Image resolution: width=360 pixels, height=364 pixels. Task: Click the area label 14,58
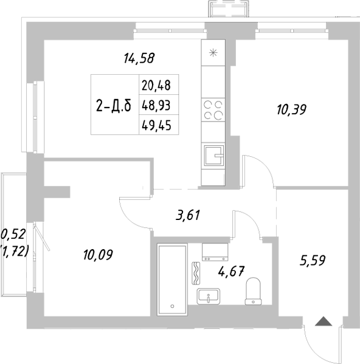point(139,59)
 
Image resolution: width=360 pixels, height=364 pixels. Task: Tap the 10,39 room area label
point(291,110)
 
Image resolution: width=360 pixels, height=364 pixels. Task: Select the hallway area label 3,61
point(187,215)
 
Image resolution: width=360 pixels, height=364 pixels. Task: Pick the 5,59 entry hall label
point(313,261)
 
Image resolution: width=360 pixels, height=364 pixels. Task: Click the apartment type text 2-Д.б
point(114,106)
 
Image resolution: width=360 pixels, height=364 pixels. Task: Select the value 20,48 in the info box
point(156,85)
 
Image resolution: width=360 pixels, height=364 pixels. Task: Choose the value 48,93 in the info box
point(156,105)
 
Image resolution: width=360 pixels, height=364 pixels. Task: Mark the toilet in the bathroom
point(252,292)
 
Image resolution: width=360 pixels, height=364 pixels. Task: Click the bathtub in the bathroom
point(174,279)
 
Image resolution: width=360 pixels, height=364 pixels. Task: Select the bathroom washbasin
point(212,297)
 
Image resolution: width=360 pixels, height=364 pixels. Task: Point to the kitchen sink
point(213,156)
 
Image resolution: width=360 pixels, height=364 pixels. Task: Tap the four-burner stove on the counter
point(213,109)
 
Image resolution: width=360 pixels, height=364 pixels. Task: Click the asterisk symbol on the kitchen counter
point(213,52)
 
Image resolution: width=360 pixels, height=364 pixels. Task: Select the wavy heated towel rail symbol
point(196,273)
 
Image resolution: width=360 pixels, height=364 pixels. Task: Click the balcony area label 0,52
point(12,233)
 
